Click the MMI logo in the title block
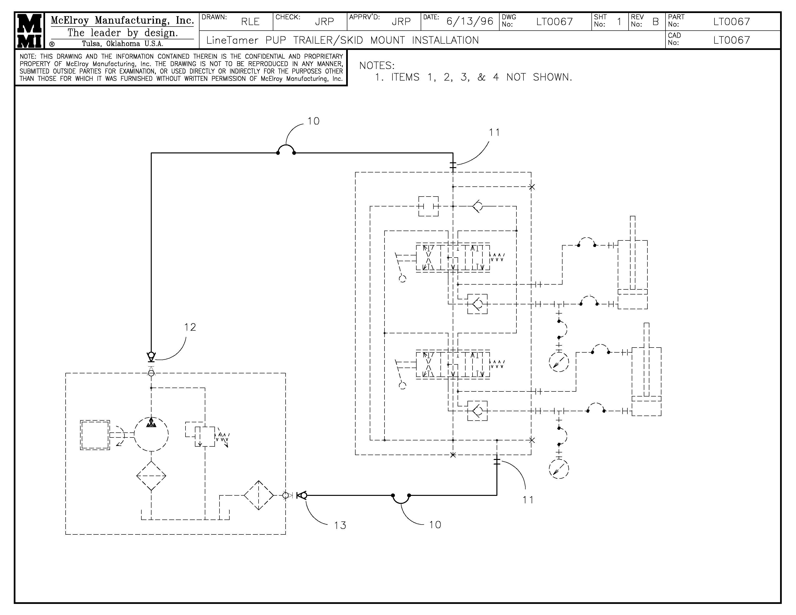(x=29, y=31)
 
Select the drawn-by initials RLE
(x=250, y=22)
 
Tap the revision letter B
(x=655, y=22)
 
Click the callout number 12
(x=190, y=327)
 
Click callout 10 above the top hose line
(x=313, y=121)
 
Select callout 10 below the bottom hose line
(x=435, y=525)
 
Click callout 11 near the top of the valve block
(x=494, y=132)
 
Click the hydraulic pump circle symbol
(x=151, y=434)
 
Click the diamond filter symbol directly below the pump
(x=151, y=476)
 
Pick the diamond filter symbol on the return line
(x=258, y=495)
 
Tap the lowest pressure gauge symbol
(x=559, y=469)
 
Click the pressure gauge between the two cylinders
(x=559, y=362)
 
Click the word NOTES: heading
(x=377, y=66)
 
